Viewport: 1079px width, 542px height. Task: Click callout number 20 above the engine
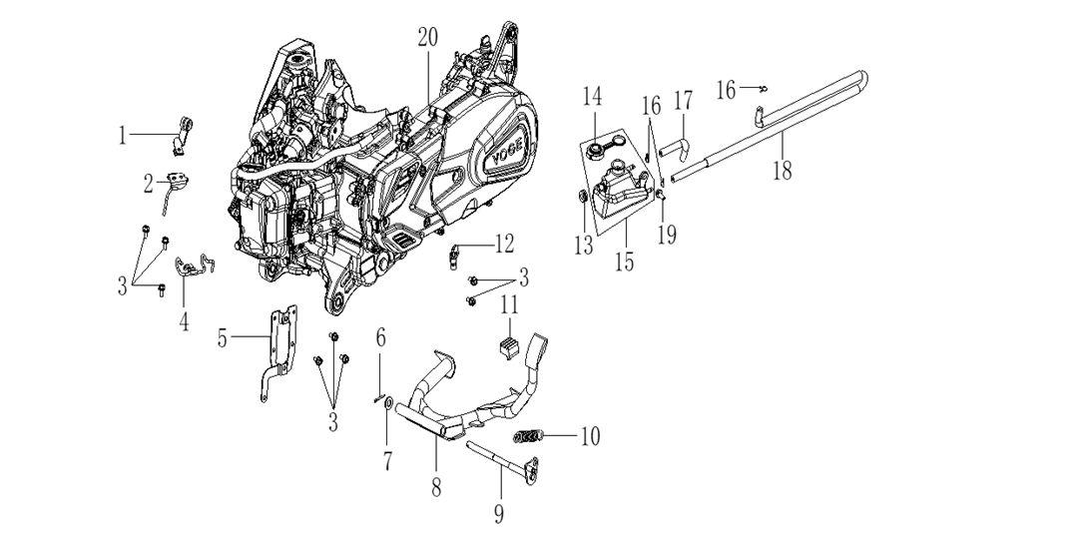click(x=427, y=38)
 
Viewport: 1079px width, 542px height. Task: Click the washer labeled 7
click(x=386, y=408)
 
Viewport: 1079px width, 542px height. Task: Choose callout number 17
click(x=683, y=101)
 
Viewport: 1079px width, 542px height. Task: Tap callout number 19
click(x=667, y=236)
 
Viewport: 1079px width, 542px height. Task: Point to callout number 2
click(x=147, y=184)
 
